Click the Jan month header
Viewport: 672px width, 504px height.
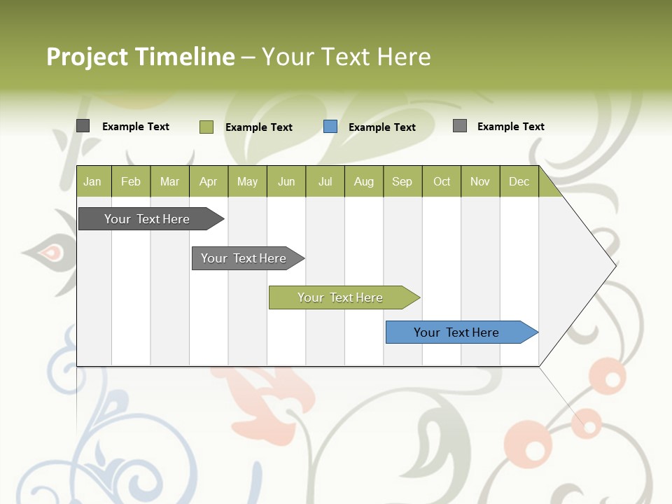(92, 181)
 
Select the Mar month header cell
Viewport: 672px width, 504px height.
(169, 181)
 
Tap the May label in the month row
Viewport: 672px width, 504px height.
(247, 181)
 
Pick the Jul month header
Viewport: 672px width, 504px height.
(325, 181)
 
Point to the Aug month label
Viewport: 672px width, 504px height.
(363, 181)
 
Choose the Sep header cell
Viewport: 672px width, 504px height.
(402, 181)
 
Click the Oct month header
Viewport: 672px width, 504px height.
(442, 181)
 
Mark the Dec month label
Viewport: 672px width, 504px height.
(519, 181)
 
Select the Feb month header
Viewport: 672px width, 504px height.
(131, 181)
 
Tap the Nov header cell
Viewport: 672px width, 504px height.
(479, 181)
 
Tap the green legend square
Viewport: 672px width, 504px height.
(206, 127)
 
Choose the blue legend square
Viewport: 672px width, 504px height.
(330, 127)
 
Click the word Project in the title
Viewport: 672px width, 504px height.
(88, 57)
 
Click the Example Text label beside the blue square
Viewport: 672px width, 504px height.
(381, 127)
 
